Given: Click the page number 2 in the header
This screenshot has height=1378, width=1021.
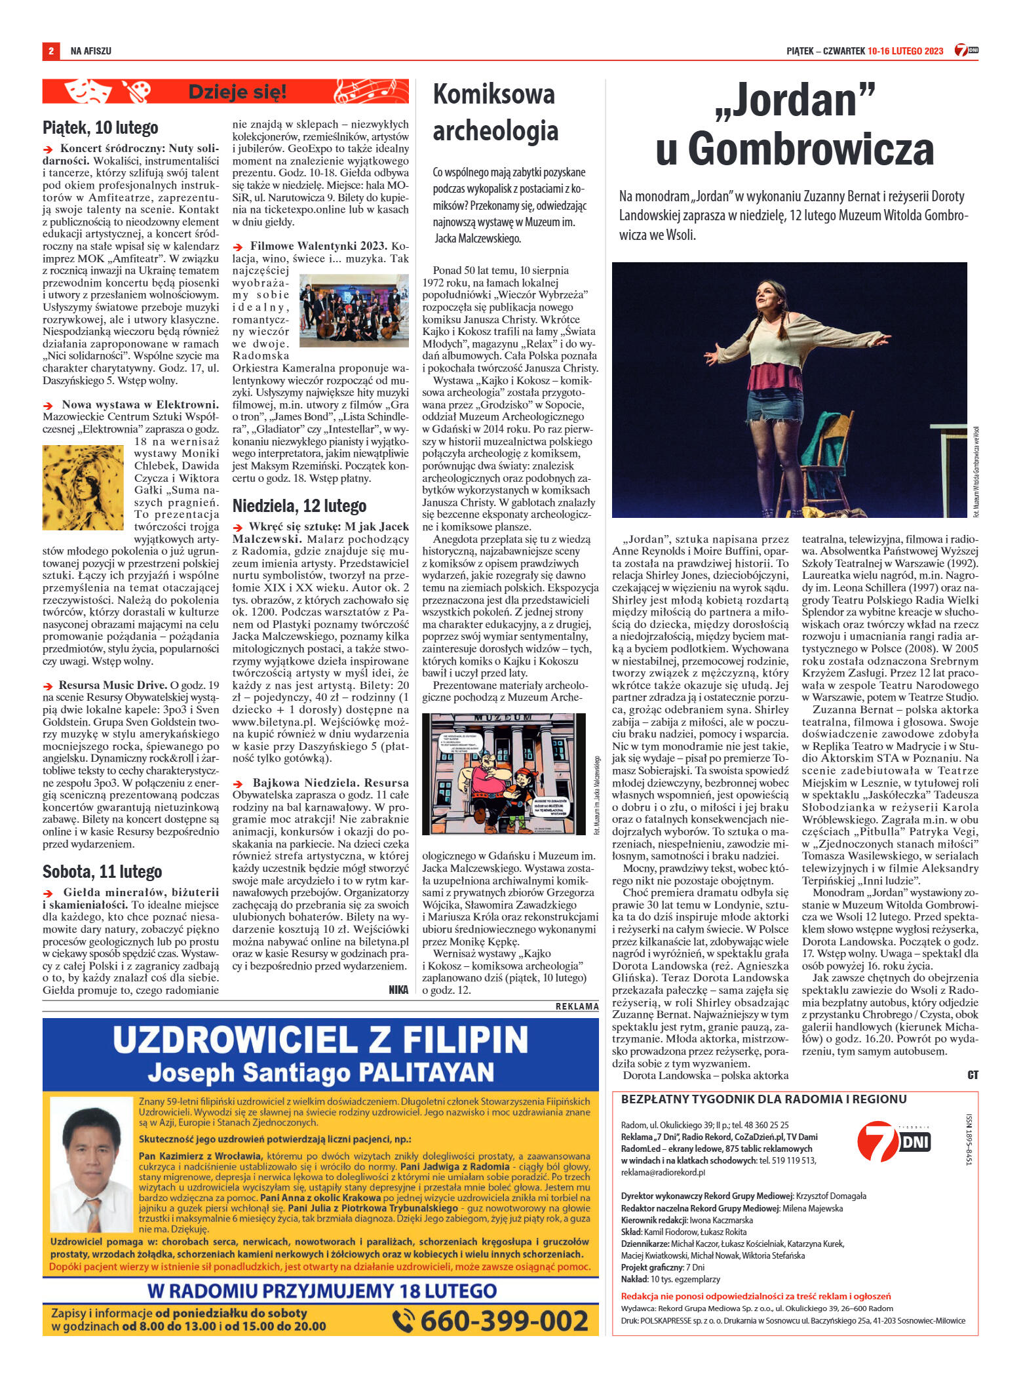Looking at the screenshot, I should point(50,51).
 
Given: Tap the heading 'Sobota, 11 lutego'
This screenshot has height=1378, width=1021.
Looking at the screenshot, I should point(102,872).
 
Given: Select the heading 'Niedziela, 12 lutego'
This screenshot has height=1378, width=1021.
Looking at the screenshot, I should point(299,505).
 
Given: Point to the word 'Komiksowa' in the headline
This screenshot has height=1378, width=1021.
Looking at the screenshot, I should point(493,95).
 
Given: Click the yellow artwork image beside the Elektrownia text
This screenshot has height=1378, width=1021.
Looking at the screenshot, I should point(83,486).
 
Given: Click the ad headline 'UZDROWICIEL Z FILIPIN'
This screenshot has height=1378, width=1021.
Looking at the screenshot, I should point(320,1040).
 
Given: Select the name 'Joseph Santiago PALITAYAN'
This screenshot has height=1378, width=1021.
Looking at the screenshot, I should point(320,1073).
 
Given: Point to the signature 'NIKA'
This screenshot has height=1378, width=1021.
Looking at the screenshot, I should point(398,990).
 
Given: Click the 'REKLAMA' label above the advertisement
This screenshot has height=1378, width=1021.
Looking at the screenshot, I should point(577,1006).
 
